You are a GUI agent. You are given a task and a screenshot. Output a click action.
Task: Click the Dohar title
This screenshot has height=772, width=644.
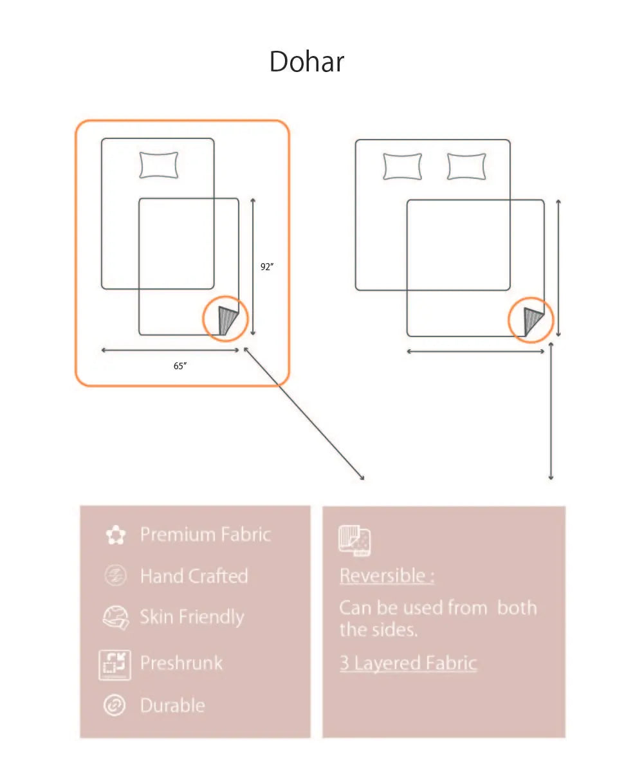pos(306,61)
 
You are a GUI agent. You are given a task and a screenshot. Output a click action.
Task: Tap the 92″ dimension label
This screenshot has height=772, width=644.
pos(266,266)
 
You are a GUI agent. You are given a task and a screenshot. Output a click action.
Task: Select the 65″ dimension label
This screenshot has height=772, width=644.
pos(180,365)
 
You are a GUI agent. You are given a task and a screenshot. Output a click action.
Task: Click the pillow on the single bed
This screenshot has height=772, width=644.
pos(159,165)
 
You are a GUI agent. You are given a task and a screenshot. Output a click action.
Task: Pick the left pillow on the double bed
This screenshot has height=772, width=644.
pos(402,167)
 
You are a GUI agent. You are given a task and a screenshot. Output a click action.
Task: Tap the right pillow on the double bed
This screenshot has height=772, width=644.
pos(466,167)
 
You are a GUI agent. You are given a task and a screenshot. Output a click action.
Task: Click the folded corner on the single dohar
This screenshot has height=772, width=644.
pos(227,320)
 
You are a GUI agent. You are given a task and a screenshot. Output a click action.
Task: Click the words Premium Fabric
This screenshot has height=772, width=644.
pos(205,534)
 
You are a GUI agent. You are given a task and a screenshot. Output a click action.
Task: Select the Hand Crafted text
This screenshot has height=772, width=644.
pos(194,576)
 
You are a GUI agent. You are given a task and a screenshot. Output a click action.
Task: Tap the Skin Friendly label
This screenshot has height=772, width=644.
pos(192,617)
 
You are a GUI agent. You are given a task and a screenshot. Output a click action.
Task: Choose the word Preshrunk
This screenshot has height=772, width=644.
pos(181,663)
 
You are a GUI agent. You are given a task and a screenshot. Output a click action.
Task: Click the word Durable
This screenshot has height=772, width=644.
pos(172,705)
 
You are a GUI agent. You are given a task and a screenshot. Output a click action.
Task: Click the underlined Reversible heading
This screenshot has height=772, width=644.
pos(387,576)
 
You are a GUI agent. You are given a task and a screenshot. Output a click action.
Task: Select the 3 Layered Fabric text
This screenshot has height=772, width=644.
pos(409,663)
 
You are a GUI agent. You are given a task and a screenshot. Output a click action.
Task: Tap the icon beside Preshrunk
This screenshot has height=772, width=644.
pos(115,665)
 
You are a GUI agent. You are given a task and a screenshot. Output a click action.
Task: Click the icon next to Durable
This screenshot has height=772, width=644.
pos(115,705)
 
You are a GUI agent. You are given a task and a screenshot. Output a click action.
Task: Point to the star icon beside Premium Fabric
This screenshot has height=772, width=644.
pos(116,535)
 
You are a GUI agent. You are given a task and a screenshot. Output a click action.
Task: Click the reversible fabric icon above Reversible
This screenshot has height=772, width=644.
pos(354,540)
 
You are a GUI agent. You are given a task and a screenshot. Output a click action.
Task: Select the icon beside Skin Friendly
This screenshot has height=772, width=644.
pos(116,618)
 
